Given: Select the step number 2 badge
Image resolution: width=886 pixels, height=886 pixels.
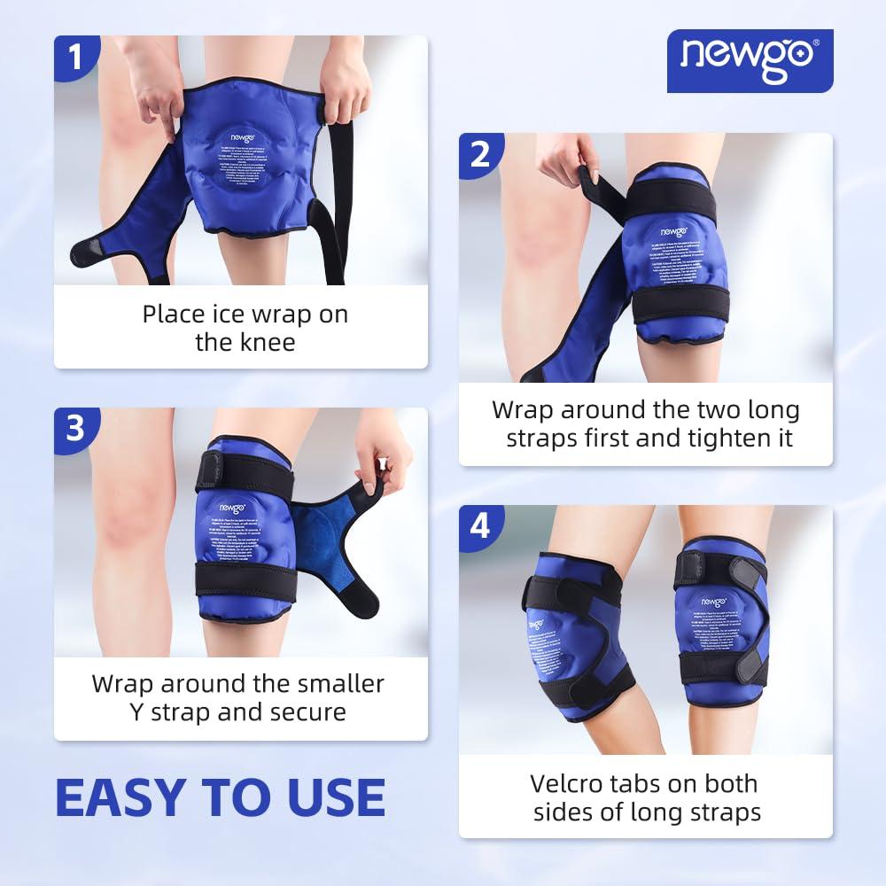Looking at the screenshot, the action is [x=479, y=154].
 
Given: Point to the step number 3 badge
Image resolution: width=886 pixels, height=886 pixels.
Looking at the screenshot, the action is [x=74, y=429].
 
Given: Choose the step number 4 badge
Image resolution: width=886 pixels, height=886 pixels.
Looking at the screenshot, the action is [x=479, y=526].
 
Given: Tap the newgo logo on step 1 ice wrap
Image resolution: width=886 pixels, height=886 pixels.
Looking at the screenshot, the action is [x=245, y=137].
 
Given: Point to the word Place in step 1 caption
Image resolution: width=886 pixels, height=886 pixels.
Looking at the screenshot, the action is [x=172, y=313].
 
